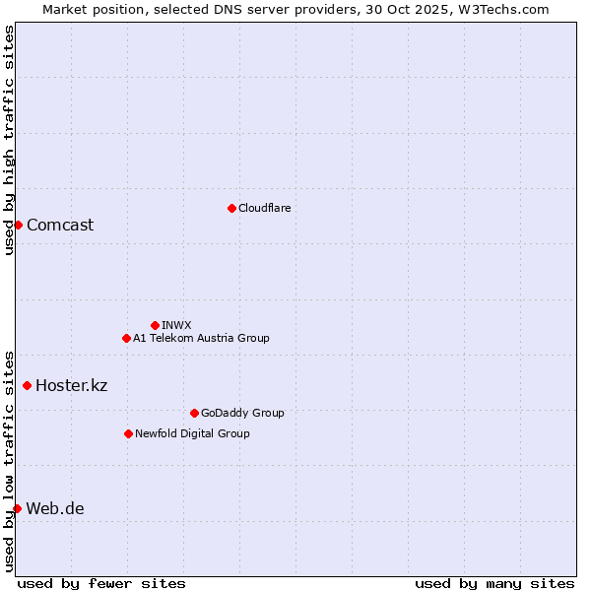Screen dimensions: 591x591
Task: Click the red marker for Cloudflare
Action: (x=231, y=208)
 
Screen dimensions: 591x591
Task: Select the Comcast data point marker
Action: (x=18, y=225)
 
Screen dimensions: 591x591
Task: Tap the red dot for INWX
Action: (x=155, y=325)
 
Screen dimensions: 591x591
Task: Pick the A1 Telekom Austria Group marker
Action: (x=126, y=338)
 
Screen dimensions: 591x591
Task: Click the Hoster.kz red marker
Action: (x=27, y=385)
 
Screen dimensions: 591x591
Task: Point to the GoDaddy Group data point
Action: (x=194, y=413)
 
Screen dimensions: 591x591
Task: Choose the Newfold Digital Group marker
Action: (x=128, y=433)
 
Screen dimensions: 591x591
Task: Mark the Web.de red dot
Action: (x=17, y=508)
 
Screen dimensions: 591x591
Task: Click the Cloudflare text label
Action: (x=264, y=208)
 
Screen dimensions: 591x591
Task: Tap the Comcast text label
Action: (x=60, y=225)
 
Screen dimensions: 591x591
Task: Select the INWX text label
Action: (x=176, y=325)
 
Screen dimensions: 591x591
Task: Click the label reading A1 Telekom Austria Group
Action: (x=201, y=338)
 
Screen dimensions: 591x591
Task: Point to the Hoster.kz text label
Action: (x=71, y=385)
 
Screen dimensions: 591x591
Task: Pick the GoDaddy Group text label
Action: (x=242, y=413)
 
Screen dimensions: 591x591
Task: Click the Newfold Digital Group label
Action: (x=192, y=433)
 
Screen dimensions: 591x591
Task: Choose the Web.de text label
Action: (x=55, y=508)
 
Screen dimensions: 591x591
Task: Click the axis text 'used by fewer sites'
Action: (x=101, y=583)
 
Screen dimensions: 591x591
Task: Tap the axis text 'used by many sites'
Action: (x=494, y=583)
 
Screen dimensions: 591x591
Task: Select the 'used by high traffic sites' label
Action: (x=9, y=140)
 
